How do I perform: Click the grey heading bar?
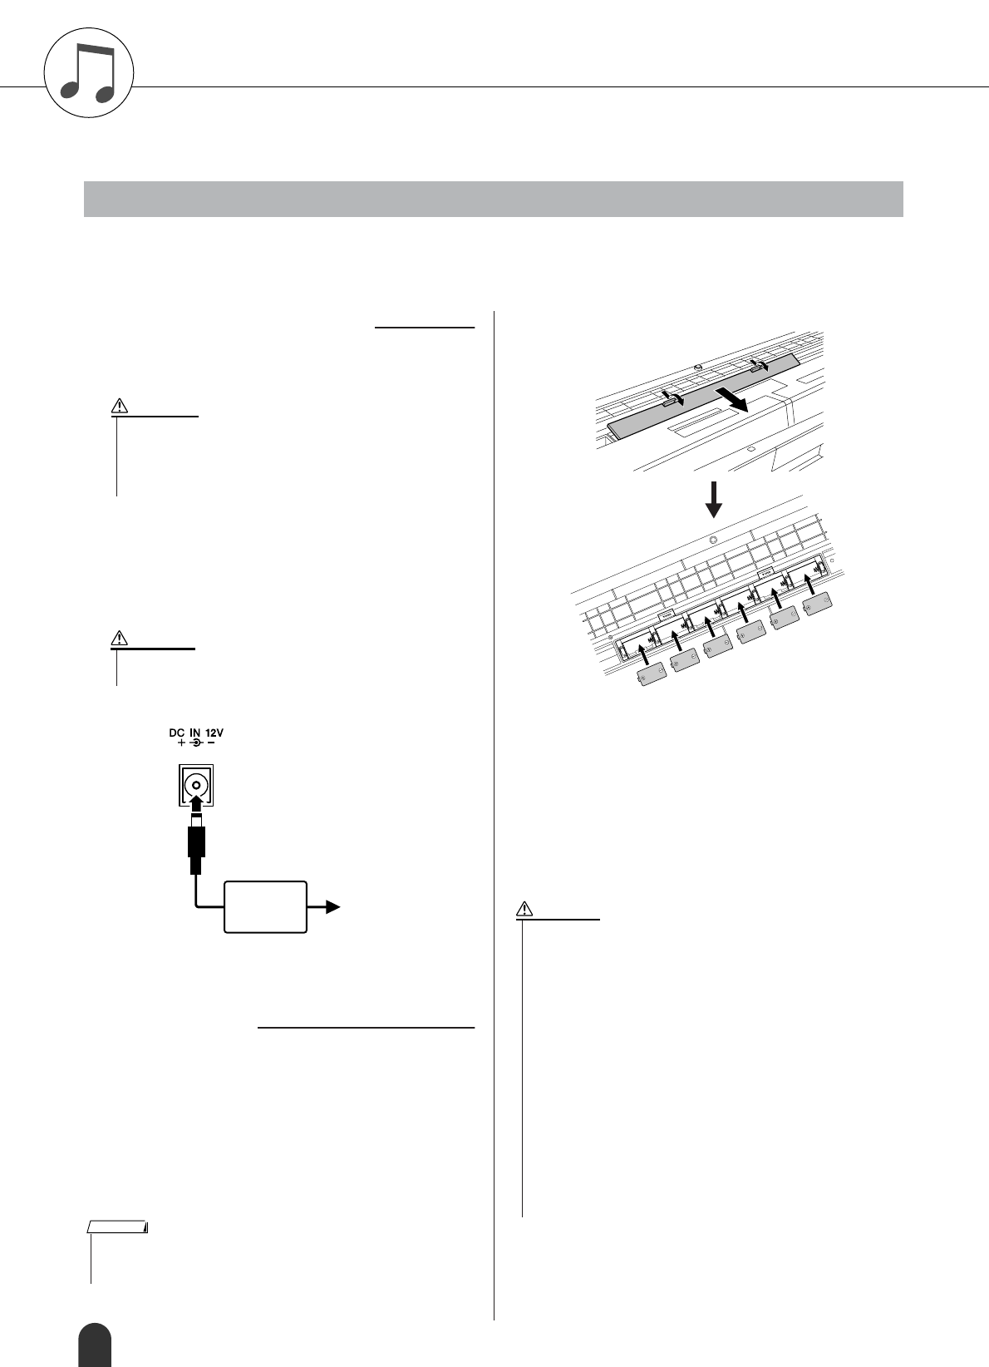pos(493,199)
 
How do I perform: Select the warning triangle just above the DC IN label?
pos(121,639)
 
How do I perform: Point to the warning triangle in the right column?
pos(524,907)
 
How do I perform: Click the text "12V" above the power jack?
pos(214,733)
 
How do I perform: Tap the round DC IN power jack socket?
pos(196,785)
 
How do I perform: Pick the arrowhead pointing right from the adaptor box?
pos(332,907)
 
